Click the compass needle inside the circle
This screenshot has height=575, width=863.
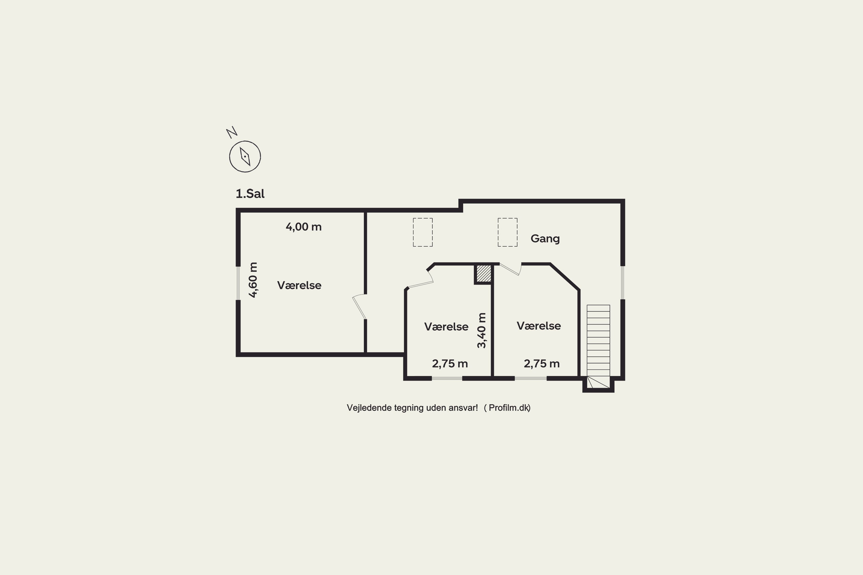[245, 157]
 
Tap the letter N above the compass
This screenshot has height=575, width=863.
[232, 132]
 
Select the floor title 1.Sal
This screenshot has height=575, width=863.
[250, 193]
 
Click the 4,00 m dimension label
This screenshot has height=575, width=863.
[303, 227]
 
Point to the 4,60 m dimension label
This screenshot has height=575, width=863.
[253, 280]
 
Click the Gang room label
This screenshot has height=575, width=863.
[545, 239]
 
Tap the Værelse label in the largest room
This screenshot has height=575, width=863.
[299, 285]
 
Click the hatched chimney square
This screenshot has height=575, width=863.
[484, 274]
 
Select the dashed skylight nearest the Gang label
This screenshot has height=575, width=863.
[507, 232]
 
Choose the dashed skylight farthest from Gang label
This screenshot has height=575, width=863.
[423, 232]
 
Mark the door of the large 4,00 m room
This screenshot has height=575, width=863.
[359, 307]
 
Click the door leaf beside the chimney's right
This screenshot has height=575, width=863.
[510, 269]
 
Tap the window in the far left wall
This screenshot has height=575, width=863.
[238, 283]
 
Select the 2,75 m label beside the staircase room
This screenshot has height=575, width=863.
[542, 364]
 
